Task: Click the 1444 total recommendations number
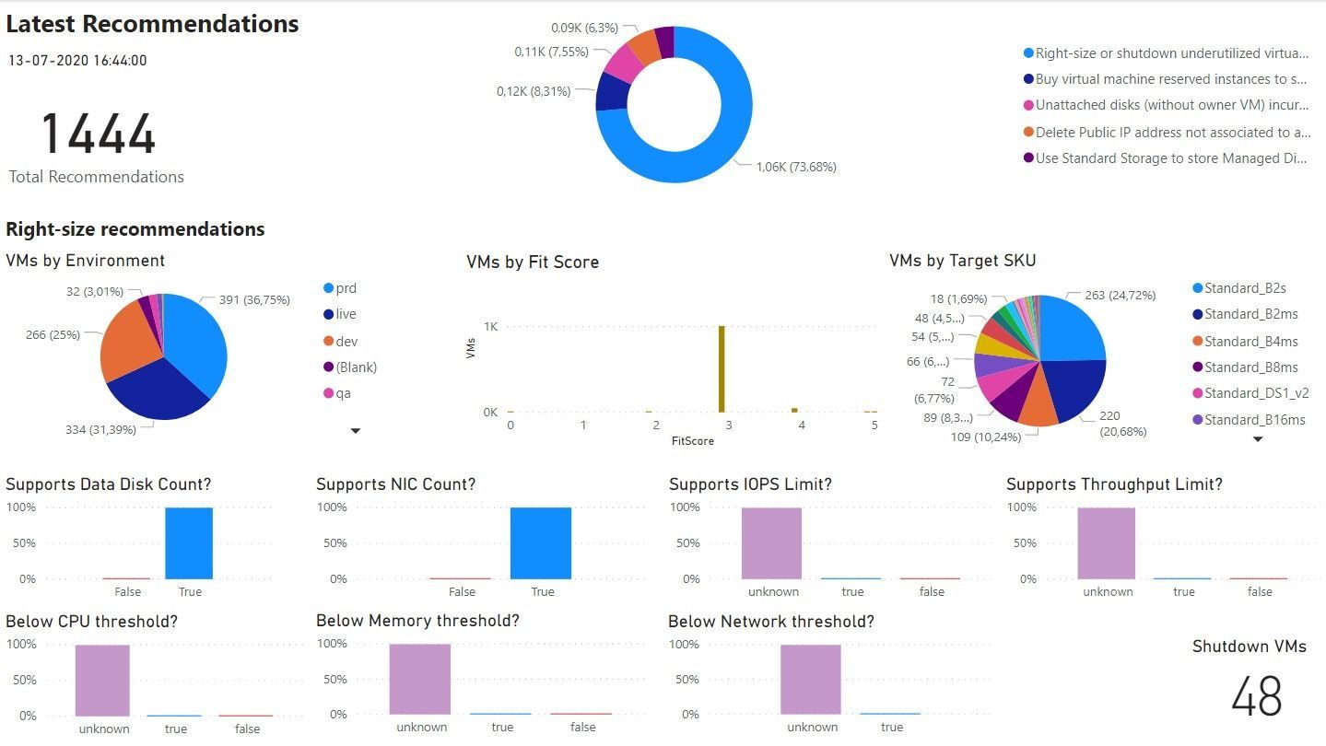click(x=98, y=134)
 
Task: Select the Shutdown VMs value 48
click(x=1256, y=696)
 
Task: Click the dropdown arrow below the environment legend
click(x=356, y=430)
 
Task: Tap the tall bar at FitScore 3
click(x=722, y=368)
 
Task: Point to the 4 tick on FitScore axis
click(x=802, y=425)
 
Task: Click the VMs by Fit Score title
click(x=532, y=262)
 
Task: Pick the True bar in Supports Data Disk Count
click(x=189, y=542)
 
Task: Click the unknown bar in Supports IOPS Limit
click(x=771, y=542)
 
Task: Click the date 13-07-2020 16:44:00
click(x=77, y=61)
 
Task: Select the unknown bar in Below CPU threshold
click(x=102, y=680)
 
